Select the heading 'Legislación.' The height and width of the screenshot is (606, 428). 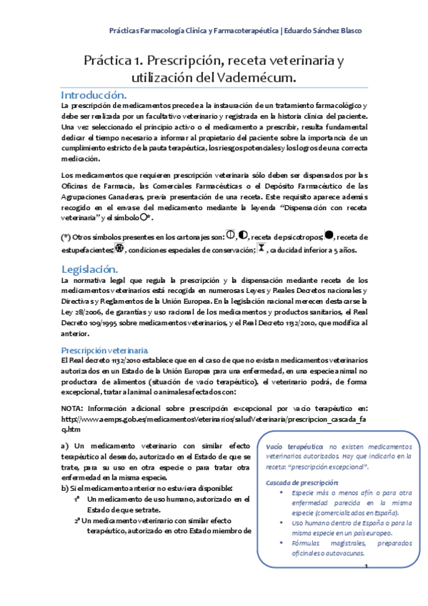click(89, 269)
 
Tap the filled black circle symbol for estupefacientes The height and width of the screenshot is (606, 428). click(329, 235)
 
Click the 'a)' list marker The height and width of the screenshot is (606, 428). click(65, 446)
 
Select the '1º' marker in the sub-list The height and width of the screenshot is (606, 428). click(76, 499)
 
